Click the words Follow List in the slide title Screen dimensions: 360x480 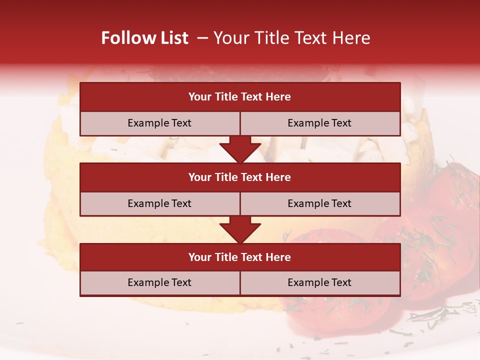point(144,38)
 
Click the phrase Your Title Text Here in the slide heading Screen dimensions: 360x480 point(291,38)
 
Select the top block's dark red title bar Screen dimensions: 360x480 point(240,97)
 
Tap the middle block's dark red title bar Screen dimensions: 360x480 point(240,177)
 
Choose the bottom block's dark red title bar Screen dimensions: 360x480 point(240,257)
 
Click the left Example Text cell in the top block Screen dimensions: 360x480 point(159,123)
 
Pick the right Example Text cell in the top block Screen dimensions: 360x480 point(319,123)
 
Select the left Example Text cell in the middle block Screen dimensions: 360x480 point(159,203)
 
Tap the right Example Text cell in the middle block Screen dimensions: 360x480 point(319,203)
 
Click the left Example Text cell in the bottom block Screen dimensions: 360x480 point(159,282)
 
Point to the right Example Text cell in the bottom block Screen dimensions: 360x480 point(319,282)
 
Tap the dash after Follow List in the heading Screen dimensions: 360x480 point(202,38)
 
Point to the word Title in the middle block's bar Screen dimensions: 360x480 point(226,177)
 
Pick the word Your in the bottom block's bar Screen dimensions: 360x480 point(199,257)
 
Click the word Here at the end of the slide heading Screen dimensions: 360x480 point(352,38)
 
